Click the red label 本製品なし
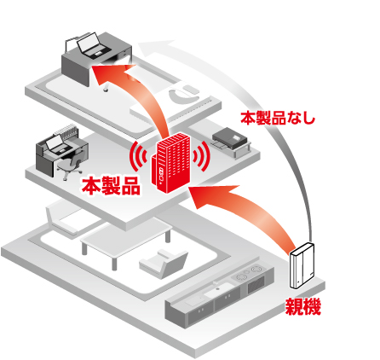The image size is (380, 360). click(278, 119)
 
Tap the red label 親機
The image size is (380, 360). click(302, 306)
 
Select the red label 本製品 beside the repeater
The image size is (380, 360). click(111, 186)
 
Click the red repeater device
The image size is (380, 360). click(170, 162)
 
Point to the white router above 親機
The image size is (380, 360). click(302, 265)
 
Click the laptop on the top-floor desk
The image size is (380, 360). click(93, 44)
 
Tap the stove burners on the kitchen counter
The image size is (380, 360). click(250, 272)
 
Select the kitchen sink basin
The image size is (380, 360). click(219, 288)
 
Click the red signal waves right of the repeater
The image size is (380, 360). click(201, 157)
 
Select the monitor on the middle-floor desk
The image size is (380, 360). click(55, 143)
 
